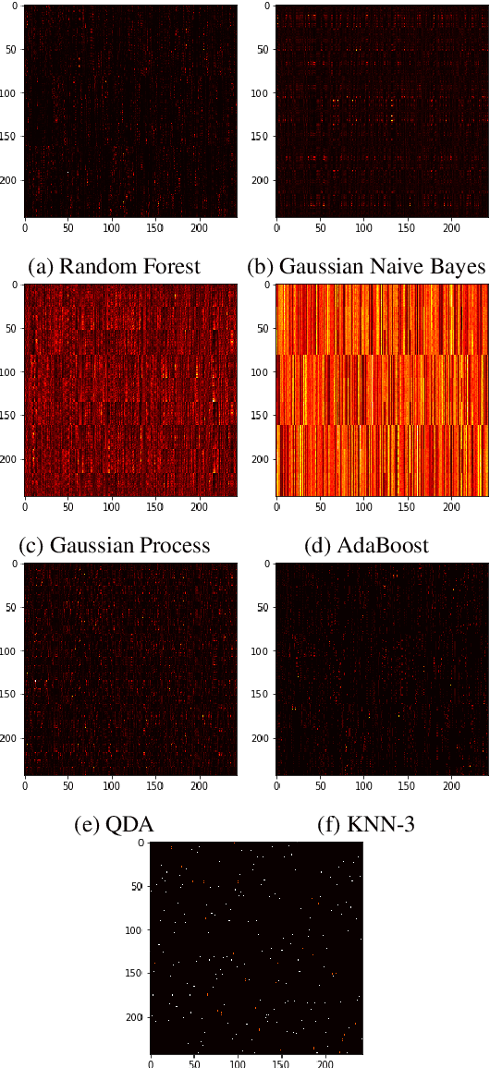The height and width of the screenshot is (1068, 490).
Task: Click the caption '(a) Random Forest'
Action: click(114, 267)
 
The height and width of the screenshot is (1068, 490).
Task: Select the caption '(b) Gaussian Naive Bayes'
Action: click(366, 267)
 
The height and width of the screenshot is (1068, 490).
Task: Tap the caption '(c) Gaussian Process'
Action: click(114, 545)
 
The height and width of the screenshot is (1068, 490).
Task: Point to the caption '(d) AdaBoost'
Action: click(366, 545)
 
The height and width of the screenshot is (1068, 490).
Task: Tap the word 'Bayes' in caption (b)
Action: click(458, 267)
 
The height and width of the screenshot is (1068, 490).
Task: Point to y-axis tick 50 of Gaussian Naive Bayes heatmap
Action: click(262, 50)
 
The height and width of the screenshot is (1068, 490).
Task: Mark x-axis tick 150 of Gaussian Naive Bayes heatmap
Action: click(408, 225)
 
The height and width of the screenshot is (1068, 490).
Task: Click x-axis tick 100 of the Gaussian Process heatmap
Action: click(112, 504)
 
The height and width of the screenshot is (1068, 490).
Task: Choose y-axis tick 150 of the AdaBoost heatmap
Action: click(260, 416)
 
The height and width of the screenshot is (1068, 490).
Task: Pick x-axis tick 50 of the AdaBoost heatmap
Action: click(320, 504)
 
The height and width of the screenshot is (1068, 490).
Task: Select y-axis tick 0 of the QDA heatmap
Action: click(16, 563)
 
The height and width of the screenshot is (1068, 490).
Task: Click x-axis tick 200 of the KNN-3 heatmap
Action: click(451, 784)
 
